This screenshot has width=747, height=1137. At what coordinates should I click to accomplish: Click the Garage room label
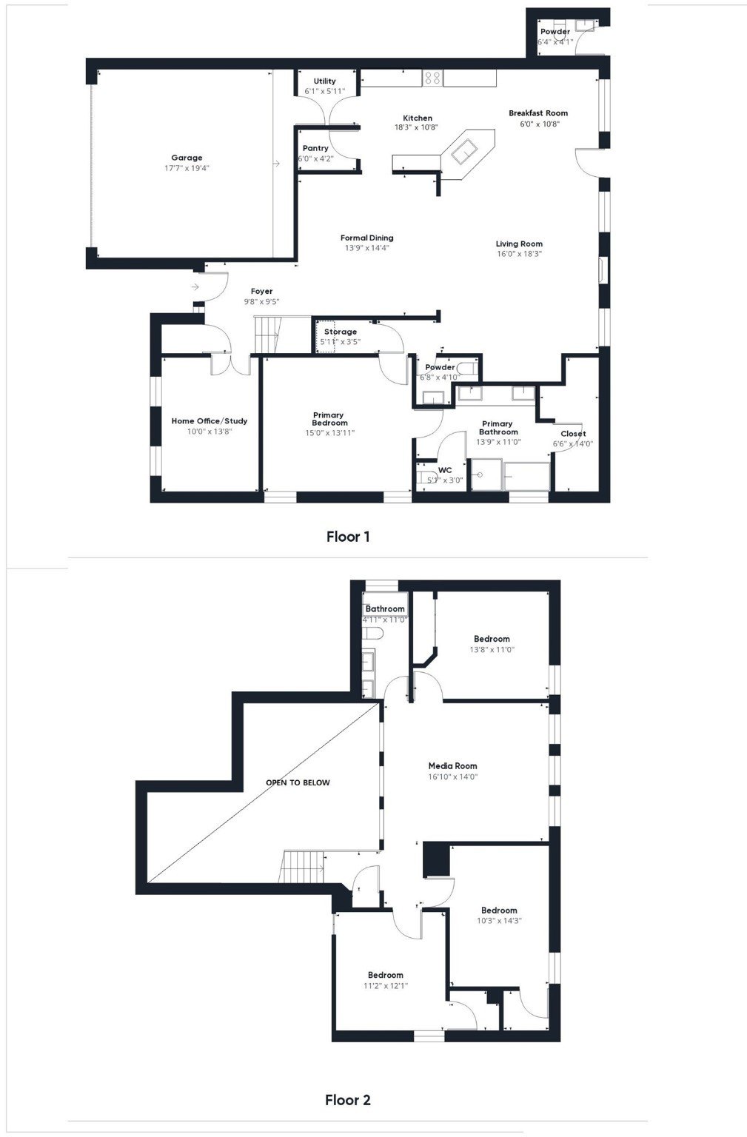point(187,158)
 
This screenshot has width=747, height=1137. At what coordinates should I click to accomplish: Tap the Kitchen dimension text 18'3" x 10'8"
point(417,128)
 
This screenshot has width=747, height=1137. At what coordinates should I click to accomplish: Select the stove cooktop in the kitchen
point(432,78)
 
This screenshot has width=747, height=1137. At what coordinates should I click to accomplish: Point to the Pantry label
point(315,149)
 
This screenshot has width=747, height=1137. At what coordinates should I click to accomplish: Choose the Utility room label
point(324,81)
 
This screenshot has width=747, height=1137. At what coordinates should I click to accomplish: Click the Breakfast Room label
point(537,113)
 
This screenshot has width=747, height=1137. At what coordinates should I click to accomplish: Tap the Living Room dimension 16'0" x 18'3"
point(519,254)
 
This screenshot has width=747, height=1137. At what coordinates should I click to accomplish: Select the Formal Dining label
point(366,238)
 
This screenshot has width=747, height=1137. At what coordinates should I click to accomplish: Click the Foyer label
point(261,292)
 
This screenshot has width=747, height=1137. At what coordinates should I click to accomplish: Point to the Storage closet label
point(340,332)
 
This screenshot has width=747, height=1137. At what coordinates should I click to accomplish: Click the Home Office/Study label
point(210,420)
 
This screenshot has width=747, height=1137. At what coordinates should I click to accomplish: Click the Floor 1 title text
point(347,536)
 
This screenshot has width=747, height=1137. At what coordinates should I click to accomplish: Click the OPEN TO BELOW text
point(298,782)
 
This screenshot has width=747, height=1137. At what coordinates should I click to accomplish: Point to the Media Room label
point(452,766)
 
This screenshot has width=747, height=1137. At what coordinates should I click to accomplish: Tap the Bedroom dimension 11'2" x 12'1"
point(385,985)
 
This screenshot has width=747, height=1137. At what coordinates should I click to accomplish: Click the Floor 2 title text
point(347,1099)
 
